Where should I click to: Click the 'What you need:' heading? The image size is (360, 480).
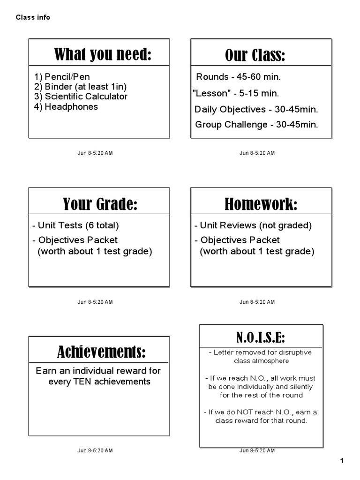tap(103, 55)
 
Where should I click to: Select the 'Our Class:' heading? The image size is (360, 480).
tap(255, 56)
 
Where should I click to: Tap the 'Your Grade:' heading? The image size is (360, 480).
tap(100, 204)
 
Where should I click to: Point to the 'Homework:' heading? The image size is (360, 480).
tap(261, 204)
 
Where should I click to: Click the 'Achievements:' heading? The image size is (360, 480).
tap(101, 351)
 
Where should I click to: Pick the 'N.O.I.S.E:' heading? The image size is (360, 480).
tap(261, 337)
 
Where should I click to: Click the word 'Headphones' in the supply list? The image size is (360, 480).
tap(71, 107)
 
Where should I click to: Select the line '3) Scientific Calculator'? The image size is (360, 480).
tap(81, 97)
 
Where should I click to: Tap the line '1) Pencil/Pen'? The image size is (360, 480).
tap(62, 77)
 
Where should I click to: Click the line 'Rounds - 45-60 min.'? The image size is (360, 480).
tap(238, 77)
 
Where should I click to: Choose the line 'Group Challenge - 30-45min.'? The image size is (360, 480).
tap(256, 125)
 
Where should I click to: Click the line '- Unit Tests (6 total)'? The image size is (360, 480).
tap(75, 225)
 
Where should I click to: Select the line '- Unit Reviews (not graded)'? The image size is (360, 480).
tap(253, 225)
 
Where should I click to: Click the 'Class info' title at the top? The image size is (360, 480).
tap(33, 18)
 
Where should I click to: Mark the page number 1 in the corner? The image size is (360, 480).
tap(342, 461)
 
